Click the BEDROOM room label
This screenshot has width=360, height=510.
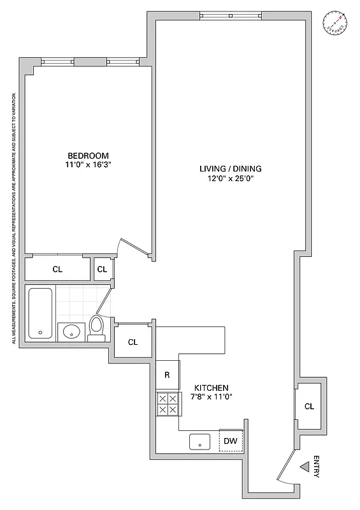[x=88, y=156]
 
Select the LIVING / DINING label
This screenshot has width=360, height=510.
[x=231, y=169]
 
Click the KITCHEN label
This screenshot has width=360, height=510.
[x=211, y=388]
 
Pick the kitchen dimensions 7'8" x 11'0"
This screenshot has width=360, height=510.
[x=211, y=397]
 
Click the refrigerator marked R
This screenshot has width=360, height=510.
[x=167, y=375]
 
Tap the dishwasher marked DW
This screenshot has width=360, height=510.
[x=231, y=441]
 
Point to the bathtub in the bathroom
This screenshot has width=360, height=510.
[x=41, y=312]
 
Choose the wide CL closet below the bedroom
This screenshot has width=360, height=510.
[x=57, y=269]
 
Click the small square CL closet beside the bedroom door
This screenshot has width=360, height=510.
[x=102, y=269]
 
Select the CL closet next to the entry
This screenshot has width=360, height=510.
[x=308, y=406]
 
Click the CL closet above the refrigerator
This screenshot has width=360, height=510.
[x=133, y=342]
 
